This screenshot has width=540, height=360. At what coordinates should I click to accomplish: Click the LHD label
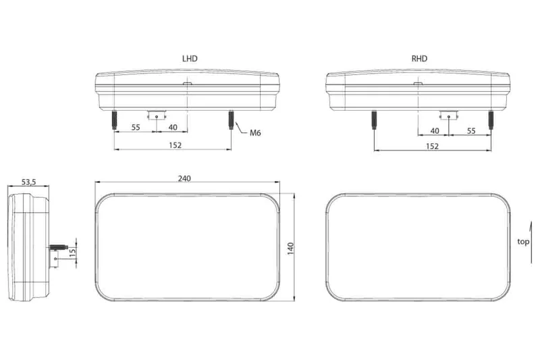(190, 59)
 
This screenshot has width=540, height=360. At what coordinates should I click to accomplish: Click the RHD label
(420, 59)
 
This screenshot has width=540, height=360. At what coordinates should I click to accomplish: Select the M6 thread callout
(255, 133)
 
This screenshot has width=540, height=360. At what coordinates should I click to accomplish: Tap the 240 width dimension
(185, 178)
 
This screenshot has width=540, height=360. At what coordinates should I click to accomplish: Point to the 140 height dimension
(292, 248)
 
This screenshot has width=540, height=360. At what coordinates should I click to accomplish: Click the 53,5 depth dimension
(28, 182)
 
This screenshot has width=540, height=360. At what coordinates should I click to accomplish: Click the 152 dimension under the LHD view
(174, 145)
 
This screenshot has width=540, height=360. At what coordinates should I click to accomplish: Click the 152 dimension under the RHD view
(432, 146)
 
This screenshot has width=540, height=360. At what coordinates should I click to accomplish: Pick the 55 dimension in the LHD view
(136, 127)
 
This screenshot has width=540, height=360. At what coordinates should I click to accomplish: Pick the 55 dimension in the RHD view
(471, 130)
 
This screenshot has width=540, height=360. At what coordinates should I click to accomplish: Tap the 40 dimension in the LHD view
(173, 127)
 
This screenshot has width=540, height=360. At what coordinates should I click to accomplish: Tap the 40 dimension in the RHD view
(434, 130)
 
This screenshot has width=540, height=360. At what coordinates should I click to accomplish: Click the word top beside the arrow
(523, 241)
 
